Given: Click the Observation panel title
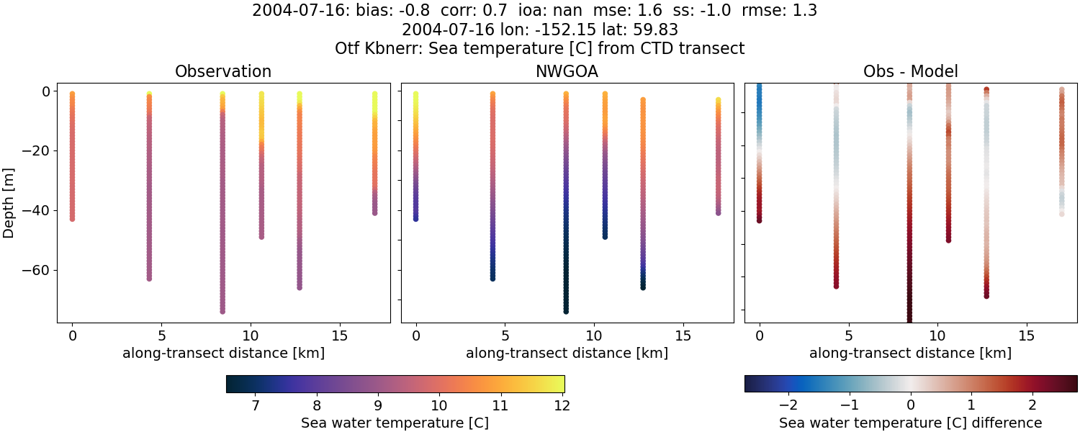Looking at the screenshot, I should click(x=223, y=72).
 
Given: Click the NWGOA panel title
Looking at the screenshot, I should click(x=567, y=72).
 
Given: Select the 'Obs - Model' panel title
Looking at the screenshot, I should click(x=910, y=72).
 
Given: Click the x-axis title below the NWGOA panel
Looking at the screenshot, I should click(x=567, y=353).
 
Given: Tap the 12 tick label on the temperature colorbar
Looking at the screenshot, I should click(x=562, y=405).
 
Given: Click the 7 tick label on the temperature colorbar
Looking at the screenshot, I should click(x=256, y=405).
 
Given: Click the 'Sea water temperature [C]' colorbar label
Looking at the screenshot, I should click(x=395, y=423).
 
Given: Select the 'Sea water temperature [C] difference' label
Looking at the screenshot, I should click(x=910, y=423).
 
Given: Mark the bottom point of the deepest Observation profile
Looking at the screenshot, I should click(x=222, y=311).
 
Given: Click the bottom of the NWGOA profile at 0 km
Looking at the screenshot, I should click(x=415, y=218).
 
